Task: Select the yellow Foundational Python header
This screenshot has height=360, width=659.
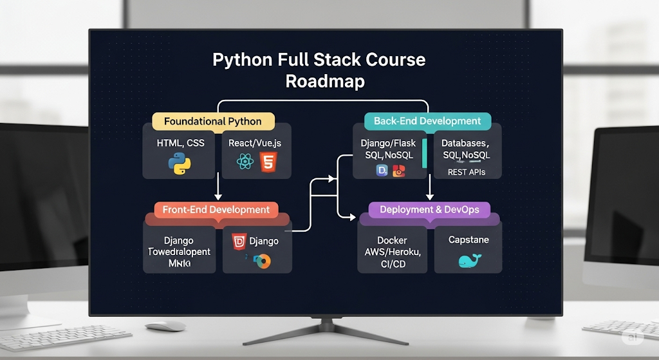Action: (x=213, y=121)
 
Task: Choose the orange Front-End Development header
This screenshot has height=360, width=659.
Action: (x=216, y=209)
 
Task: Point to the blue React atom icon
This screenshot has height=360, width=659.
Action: (x=244, y=162)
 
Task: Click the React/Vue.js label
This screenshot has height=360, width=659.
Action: (x=256, y=142)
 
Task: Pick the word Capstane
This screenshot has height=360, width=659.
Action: (x=469, y=240)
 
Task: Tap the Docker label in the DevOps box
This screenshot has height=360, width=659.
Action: (x=392, y=240)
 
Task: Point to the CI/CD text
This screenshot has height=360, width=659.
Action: (x=393, y=263)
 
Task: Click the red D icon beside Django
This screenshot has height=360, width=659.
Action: (x=239, y=242)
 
